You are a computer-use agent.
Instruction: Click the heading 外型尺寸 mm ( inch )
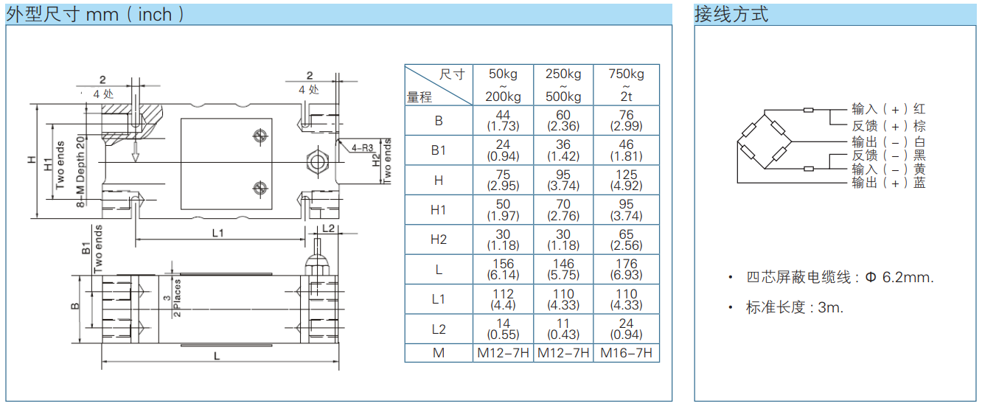point(95,14)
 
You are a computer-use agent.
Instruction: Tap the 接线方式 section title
point(731,14)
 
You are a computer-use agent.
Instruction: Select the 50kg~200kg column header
point(503,85)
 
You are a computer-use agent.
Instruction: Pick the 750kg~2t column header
point(626,85)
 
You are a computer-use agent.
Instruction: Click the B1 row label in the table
point(439,150)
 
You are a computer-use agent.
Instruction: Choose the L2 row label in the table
point(439,329)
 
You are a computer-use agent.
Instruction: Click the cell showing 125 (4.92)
point(626,180)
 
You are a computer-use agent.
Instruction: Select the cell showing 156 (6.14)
point(503,269)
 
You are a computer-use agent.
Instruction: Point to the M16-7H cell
point(626,353)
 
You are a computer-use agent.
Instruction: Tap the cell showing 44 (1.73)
point(503,120)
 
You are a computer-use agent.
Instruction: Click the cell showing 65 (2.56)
point(626,239)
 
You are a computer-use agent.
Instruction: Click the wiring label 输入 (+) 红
point(888,109)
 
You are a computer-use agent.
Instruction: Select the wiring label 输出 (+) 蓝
point(888,183)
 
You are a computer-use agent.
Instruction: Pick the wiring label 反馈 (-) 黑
point(888,155)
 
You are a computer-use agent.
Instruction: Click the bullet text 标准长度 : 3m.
point(794,308)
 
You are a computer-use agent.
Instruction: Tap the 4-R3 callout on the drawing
point(363,147)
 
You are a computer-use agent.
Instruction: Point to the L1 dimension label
point(218,233)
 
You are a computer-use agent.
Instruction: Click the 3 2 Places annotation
point(172,298)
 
